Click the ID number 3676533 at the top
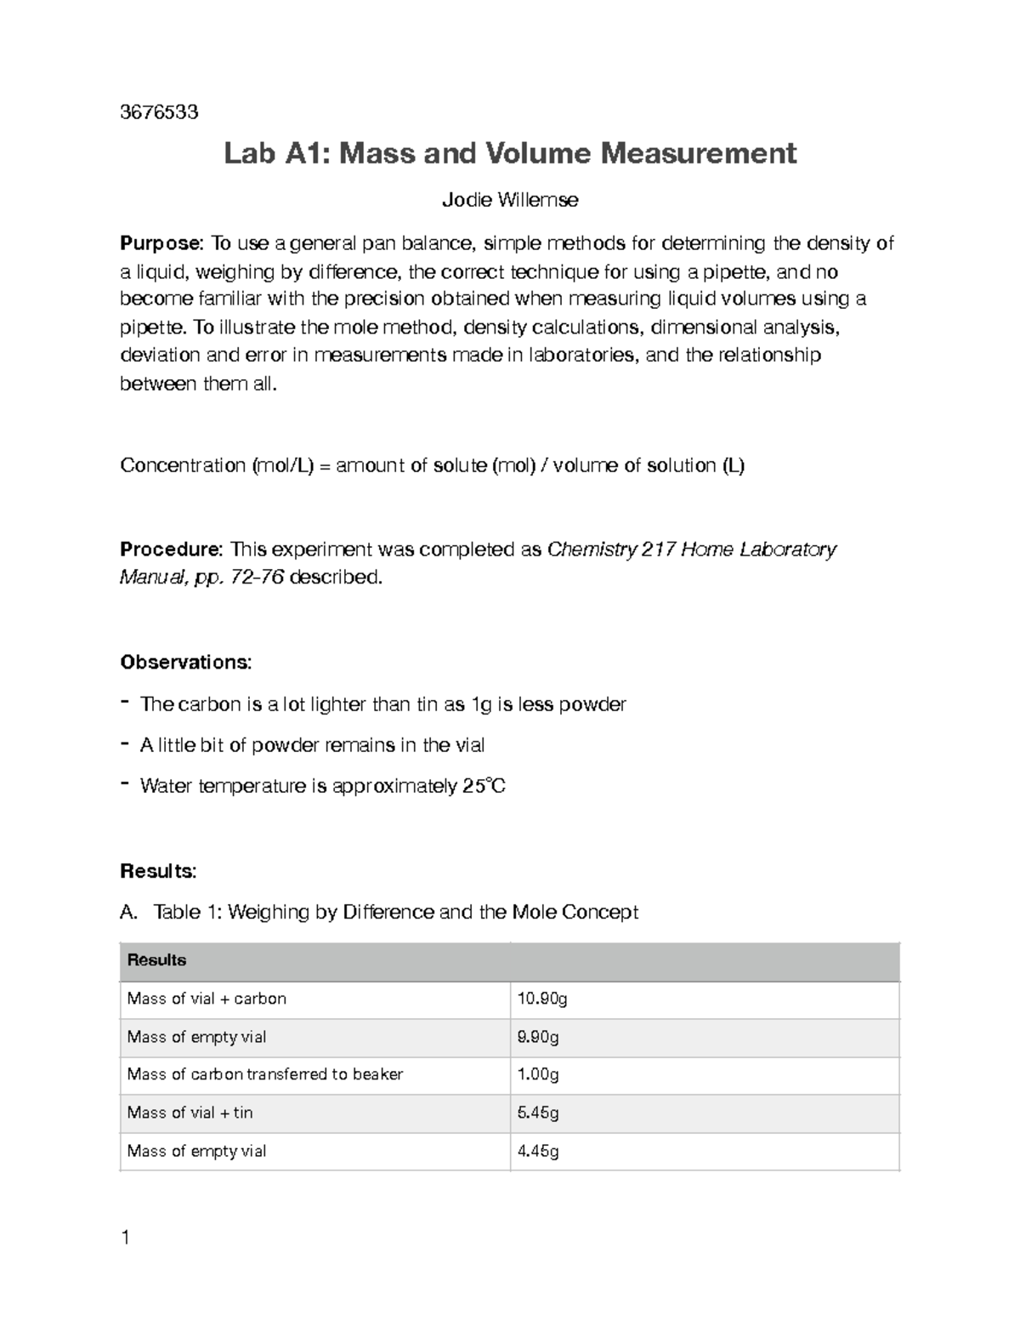coord(159,112)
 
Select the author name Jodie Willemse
coord(510,200)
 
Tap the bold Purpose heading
coord(161,244)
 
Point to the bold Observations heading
coord(185,662)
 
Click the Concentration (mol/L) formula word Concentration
coord(182,465)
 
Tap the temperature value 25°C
coord(484,786)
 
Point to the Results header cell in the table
coord(156,960)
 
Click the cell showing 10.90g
coord(541,999)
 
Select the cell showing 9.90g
coord(538,1037)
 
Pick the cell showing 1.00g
coord(538,1074)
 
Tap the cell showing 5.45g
coord(538,1113)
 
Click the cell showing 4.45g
coord(538,1151)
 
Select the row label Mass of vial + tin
coord(190,1113)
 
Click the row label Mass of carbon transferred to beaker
coord(264,1074)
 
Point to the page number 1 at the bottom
coord(126,1238)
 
